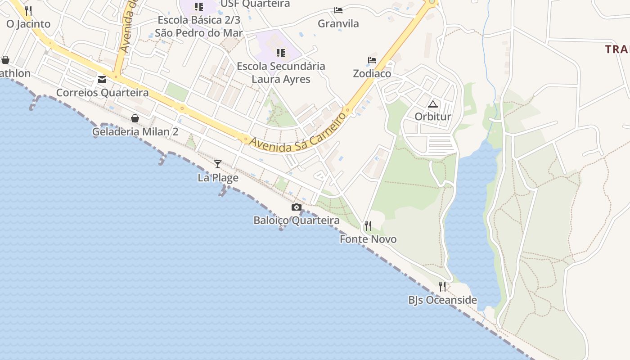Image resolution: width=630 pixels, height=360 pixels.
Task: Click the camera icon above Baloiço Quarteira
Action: [296, 207]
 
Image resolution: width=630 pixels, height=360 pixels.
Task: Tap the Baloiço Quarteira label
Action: [296, 220]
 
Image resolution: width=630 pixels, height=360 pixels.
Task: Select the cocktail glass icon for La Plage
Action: [218, 164]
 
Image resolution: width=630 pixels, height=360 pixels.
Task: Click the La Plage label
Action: [218, 178]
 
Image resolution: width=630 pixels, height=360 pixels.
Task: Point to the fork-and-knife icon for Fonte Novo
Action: [368, 225]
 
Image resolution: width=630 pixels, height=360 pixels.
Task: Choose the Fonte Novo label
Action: [368, 239]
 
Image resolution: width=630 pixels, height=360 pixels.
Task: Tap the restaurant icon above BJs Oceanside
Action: [442, 286]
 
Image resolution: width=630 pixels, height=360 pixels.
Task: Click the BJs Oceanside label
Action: [442, 300]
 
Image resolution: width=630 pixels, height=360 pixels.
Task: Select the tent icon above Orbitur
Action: [432, 104]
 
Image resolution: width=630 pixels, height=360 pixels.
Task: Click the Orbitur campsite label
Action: [432, 117]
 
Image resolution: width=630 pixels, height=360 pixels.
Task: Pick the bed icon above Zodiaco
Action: [372, 60]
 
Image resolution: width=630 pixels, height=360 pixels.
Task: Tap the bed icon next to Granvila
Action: [338, 10]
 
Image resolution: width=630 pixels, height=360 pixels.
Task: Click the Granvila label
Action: [338, 23]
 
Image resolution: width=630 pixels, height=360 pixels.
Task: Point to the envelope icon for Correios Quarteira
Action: [102, 80]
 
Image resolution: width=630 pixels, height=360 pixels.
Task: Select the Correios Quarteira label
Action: [102, 93]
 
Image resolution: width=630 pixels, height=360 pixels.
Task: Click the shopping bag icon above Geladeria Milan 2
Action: [135, 118]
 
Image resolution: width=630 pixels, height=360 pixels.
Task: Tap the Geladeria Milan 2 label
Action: [135, 132]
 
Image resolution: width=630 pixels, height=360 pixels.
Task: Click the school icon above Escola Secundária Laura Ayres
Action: [281, 53]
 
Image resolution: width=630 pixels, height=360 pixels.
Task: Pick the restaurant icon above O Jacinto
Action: [28, 10]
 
